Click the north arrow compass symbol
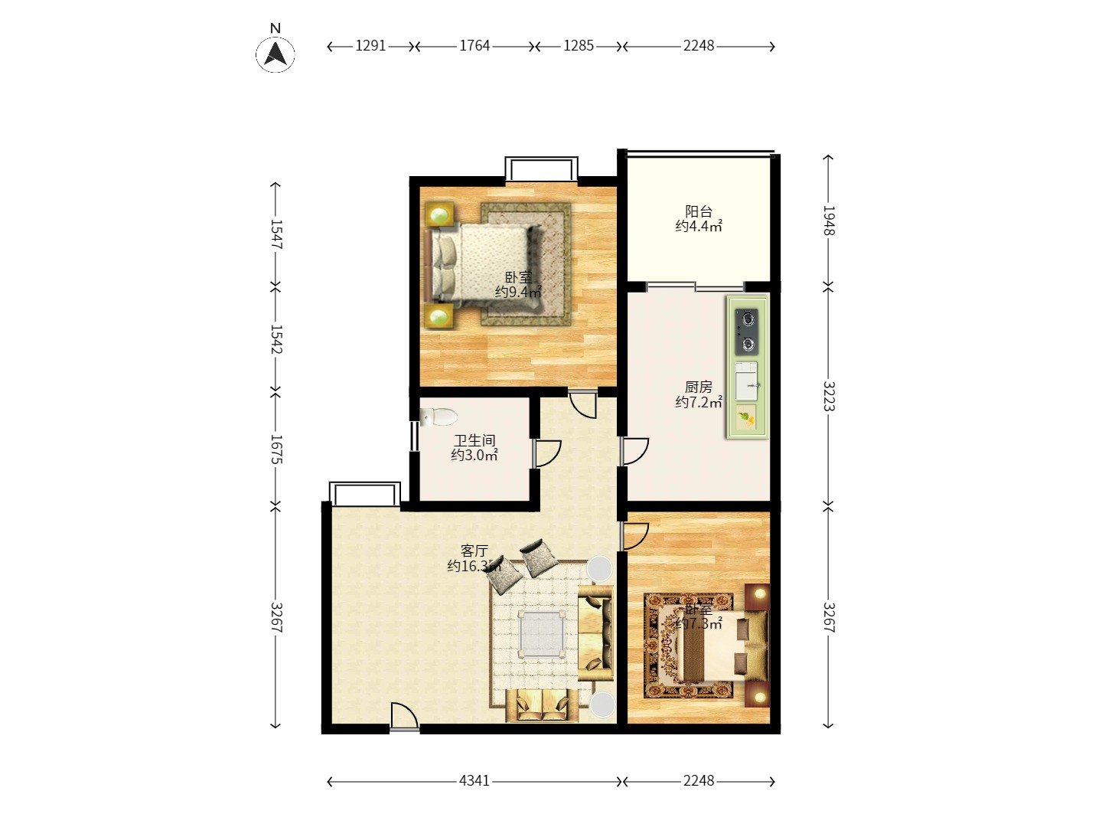point(275,54)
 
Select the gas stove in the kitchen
point(747,332)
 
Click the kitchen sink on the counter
point(747,381)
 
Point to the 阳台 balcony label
point(699,211)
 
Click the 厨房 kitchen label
point(699,387)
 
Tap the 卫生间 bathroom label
point(474,440)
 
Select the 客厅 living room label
point(474,551)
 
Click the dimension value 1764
point(474,46)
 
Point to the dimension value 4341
point(474,781)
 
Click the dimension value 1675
point(276,449)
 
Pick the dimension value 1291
point(370,46)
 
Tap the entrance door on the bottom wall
point(403,718)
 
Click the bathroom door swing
point(547,453)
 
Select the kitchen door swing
point(635,451)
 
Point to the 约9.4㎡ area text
point(518,293)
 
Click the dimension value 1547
point(276,235)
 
